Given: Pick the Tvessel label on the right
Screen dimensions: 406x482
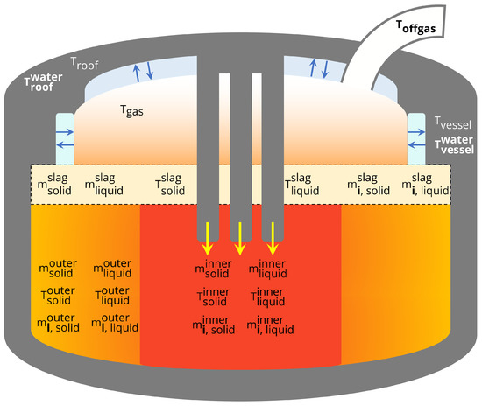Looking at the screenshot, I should point(452,121).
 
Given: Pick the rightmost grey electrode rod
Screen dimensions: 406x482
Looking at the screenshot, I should point(273,149).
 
